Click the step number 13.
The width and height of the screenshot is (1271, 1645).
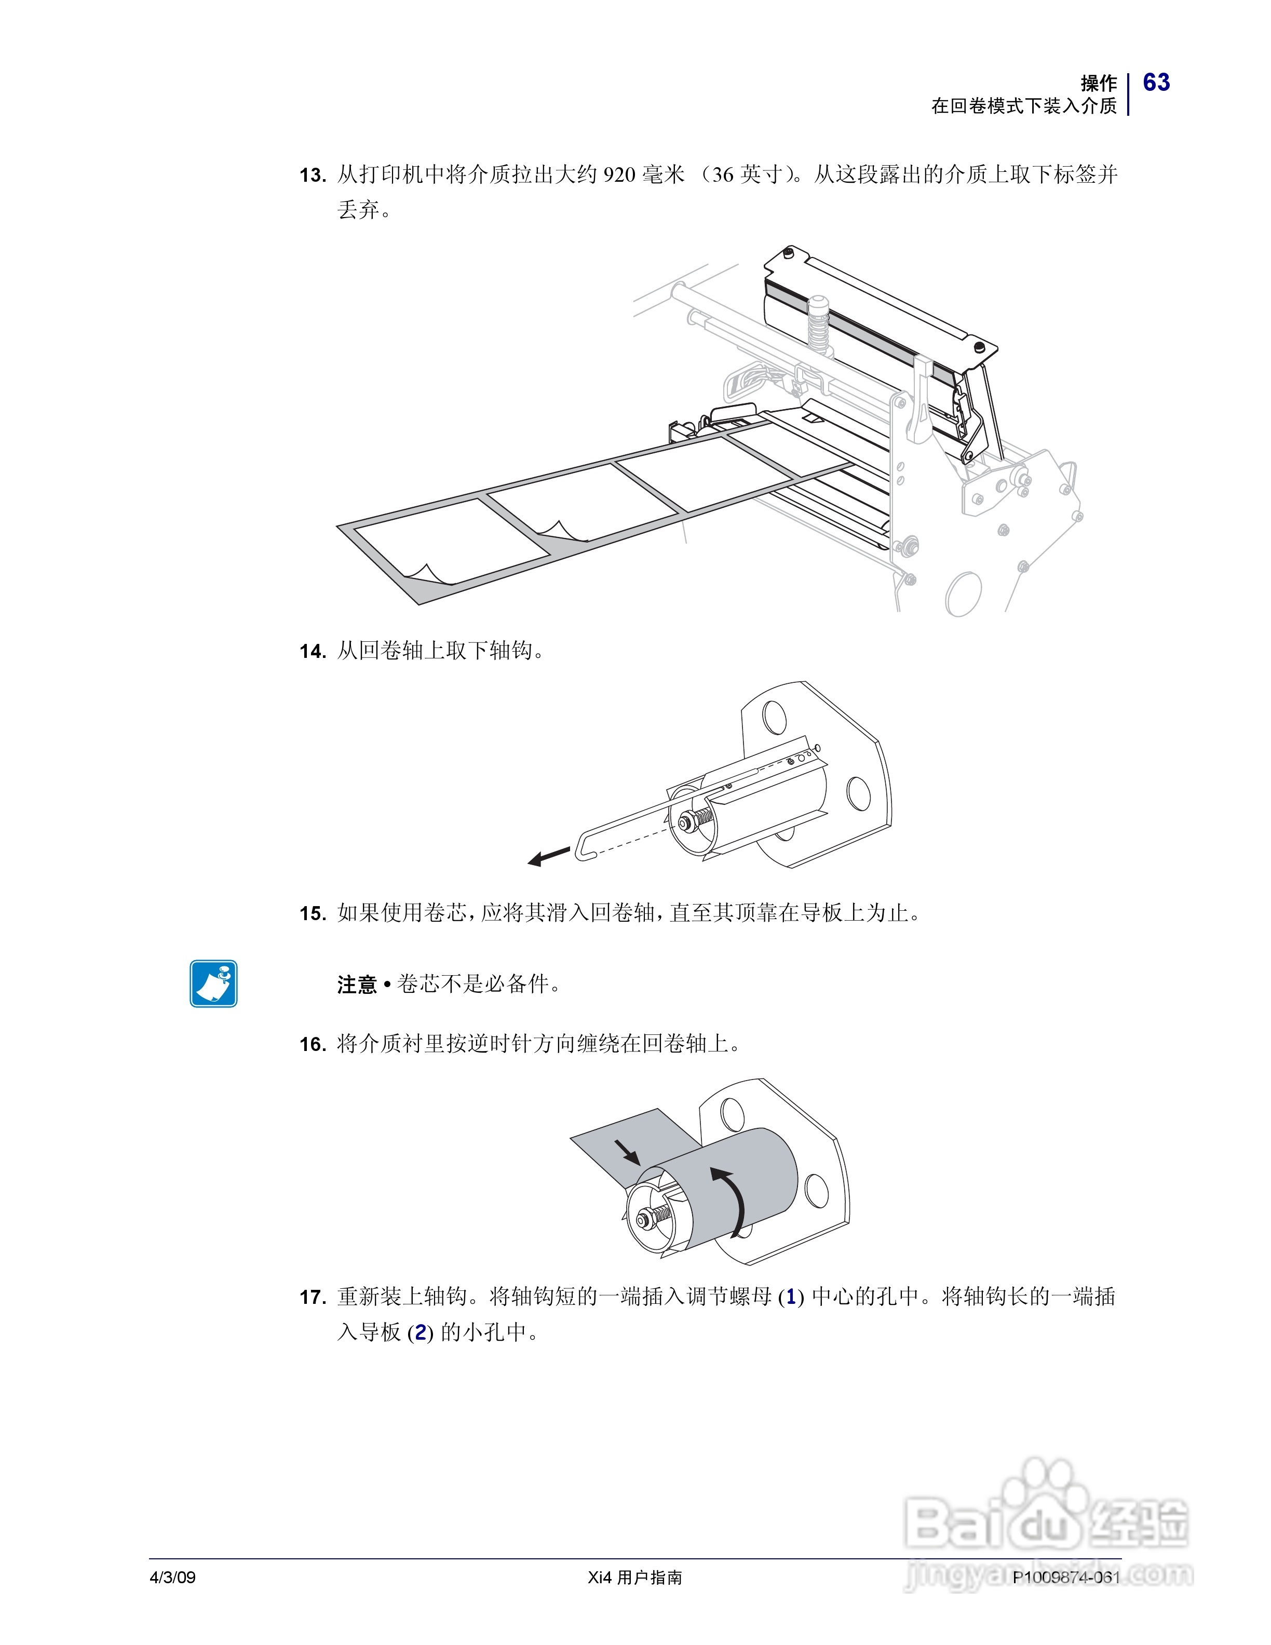coord(312,176)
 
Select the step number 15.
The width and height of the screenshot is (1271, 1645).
coord(312,914)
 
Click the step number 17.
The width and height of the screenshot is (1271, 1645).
coord(312,1297)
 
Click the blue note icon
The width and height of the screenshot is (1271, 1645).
coord(214,983)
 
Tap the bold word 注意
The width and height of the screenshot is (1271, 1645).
coord(357,985)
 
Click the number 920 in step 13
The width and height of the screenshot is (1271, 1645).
coord(619,176)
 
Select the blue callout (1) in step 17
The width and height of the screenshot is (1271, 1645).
coord(791,1297)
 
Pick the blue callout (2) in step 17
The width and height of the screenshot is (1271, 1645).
coord(420,1333)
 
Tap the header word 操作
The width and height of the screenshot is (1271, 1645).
coord(1099,83)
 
